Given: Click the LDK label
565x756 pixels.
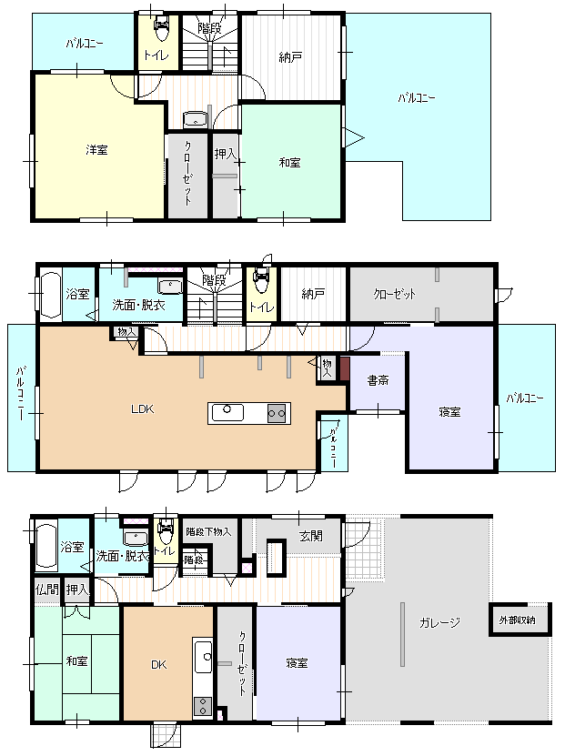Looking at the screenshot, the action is (x=142, y=409).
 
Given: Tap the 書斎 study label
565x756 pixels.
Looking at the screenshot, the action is (x=378, y=380).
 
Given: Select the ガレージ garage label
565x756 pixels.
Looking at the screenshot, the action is (x=439, y=622).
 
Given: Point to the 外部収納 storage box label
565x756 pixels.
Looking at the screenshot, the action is (x=517, y=620).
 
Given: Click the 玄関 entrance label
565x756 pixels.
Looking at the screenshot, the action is (x=311, y=536).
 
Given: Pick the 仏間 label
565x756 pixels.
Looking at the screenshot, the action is (x=47, y=590).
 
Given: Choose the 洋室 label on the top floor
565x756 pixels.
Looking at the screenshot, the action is (x=96, y=150).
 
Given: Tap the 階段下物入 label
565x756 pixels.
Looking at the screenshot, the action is (x=208, y=532).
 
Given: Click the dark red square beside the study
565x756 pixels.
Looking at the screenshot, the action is (x=345, y=368).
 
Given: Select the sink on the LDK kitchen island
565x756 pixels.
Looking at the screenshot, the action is (x=227, y=412).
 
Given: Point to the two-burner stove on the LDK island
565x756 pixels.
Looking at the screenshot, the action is (x=277, y=413).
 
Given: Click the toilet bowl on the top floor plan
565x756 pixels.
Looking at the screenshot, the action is (x=160, y=29).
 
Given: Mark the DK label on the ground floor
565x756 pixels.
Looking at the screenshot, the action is (x=159, y=664).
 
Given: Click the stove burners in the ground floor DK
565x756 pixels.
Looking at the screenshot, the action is (x=203, y=706).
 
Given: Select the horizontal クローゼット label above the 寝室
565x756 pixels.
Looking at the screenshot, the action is (x=394, y=294).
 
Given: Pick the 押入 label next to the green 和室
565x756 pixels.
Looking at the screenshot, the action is (x=225, y=154).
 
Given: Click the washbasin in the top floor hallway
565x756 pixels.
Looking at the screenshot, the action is (x=196, y=119).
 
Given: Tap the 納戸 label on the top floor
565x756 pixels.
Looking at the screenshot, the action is (x=290, y=57).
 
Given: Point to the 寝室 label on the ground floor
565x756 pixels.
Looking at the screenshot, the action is (x=297, y=663).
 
